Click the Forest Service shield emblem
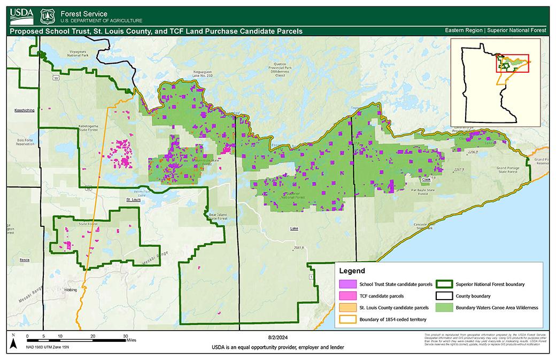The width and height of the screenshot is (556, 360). coord(48,16)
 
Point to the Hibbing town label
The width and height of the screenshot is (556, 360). coord(71,289)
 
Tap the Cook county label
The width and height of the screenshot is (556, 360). coord(426,180)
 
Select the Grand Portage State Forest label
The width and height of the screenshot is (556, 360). coord(505,170)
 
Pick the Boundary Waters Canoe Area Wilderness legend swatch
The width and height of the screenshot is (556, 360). coord(443,308)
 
